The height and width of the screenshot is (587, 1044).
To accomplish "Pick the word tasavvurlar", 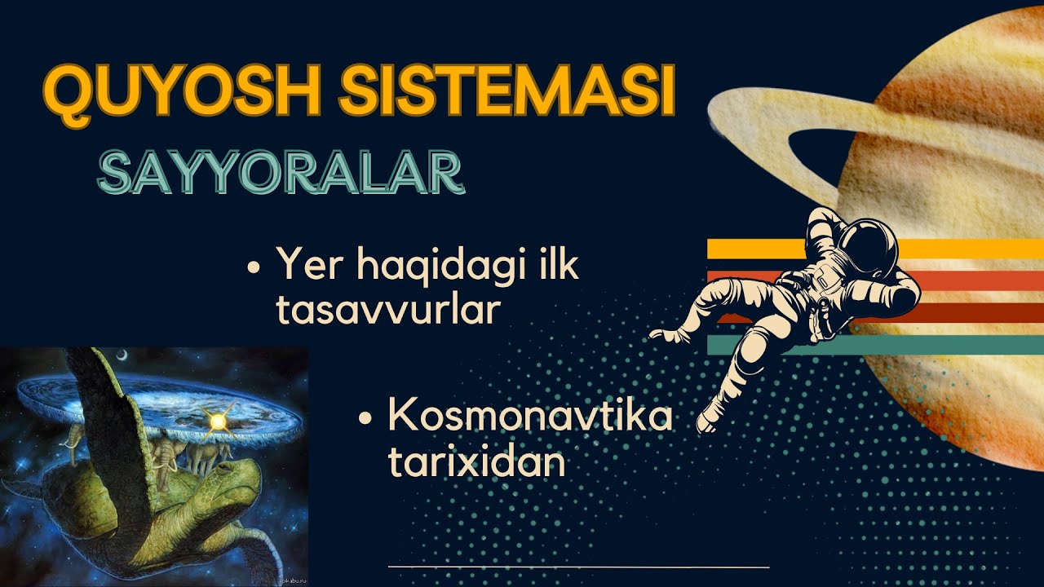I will [x=387, y=310].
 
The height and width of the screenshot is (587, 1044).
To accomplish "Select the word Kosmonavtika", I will [x=530, y=417].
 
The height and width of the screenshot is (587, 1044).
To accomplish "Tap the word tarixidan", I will [x=476, y=462].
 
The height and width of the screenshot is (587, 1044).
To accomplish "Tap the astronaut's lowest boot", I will [x=706, y=421].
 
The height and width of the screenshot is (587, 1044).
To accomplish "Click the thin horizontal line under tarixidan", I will [x=578, y=566].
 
